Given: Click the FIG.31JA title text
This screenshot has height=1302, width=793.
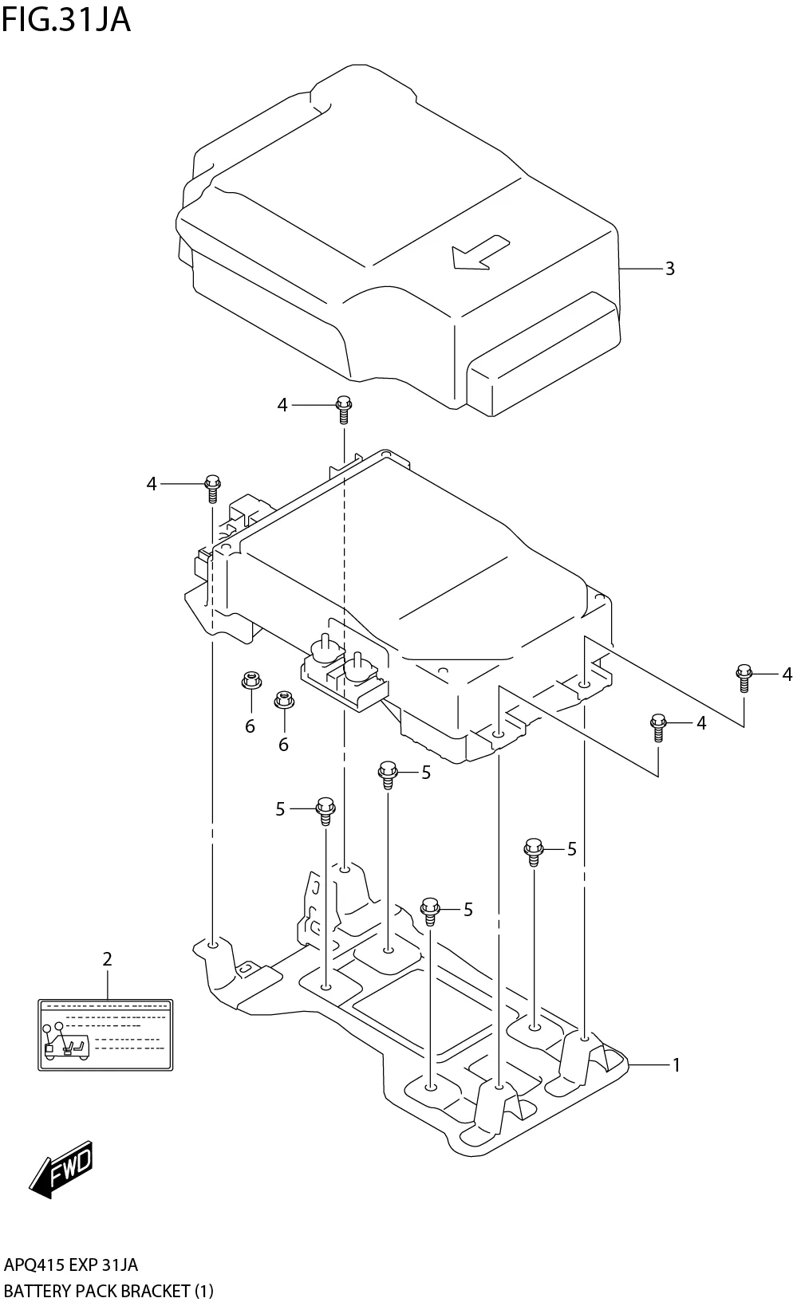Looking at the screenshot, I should click(65, 19).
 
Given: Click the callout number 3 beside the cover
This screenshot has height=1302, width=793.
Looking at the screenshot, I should click(669, 269).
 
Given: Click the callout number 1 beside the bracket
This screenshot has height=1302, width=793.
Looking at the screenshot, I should click(676, 1064).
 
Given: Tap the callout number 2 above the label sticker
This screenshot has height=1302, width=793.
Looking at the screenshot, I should click(107, 959).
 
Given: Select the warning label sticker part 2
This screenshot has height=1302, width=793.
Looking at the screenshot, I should click(105, 1034).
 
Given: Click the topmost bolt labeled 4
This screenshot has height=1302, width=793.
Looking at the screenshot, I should click(344, 408).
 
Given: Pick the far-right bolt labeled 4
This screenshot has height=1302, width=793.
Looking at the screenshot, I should click(744, 677).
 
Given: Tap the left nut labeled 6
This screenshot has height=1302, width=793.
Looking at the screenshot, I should click(251, 682).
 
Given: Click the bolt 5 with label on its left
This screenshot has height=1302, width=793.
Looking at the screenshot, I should click(325, 809).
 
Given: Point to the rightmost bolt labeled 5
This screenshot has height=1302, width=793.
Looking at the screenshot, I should click(533, 851).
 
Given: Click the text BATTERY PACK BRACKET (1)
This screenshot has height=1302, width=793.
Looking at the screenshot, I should click(108, 1290).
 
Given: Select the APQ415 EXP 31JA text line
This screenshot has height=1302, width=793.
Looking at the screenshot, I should click(70, 1265).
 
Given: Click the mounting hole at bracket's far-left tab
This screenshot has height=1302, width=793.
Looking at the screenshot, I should click(213, 945).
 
